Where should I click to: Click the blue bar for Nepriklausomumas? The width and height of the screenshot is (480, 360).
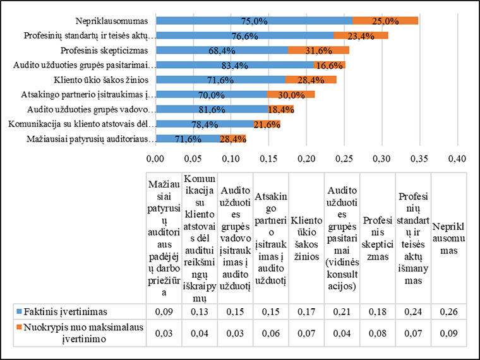(253, 21)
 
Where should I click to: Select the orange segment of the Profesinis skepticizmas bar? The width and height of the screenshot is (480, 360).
(318, 50)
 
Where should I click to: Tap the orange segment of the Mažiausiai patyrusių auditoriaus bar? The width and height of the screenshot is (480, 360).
(229, 138)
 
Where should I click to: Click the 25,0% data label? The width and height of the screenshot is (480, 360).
(385, 21)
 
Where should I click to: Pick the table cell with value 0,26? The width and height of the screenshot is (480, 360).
(450, 311)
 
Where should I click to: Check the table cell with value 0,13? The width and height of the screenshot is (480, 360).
(198, 311)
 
